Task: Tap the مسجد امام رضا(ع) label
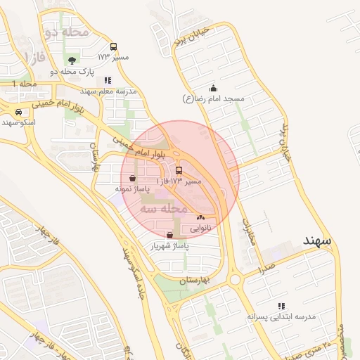point(213,99)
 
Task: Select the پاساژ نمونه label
point(132,189)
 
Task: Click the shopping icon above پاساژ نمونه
point(133,179)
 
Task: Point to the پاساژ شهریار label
point(168,246)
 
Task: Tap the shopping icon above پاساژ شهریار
point(168,236)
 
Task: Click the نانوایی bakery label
point(200,228)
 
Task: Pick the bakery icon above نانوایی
point(200,217)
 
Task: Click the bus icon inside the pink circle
point(178,170)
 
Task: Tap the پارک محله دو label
point(72,71)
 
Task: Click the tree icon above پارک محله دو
point(72,60)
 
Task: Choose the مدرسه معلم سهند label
point(107,91)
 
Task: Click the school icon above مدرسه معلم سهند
point(107,80)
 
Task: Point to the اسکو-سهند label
point(18,122)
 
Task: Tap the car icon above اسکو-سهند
point(18,112)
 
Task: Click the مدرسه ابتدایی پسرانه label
point(281,317)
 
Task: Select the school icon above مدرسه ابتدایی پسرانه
point(281,307)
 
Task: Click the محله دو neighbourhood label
point(66,32)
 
